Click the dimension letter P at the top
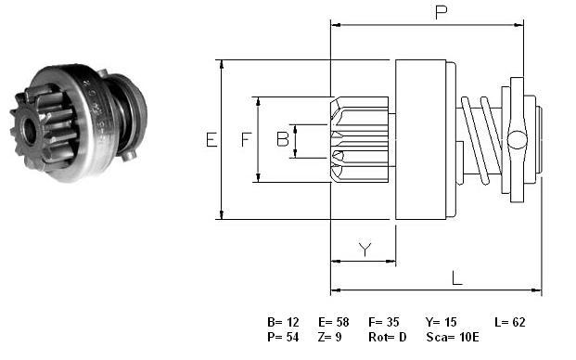(442, 12)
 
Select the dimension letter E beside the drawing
(211, 140)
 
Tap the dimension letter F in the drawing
(246, 139)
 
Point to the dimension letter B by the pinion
(283, 139)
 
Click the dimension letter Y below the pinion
(365, 249)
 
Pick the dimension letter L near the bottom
(456, 278)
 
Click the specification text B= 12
(283, 322)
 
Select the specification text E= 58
(334, 322)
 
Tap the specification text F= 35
(383, 322)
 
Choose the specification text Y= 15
(441, 322)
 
